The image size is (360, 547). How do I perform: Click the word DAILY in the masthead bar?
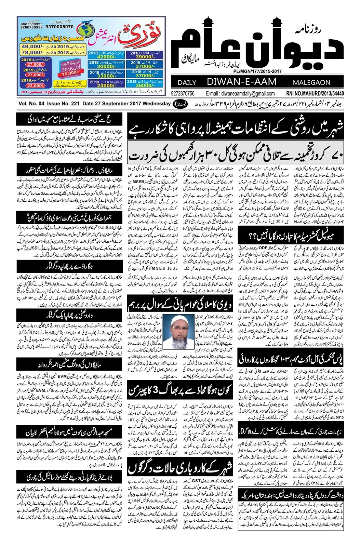[x=187, y=83]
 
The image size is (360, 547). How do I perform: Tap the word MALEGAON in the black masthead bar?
[x=311, y=83]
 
